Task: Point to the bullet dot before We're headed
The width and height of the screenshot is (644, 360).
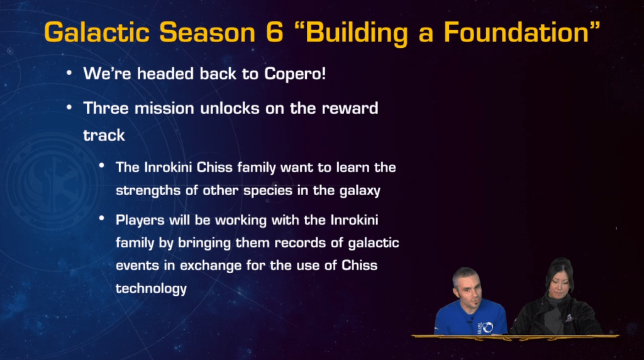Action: pos(70,73)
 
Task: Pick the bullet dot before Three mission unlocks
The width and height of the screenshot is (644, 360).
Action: pos(70,108)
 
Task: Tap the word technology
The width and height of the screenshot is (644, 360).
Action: pos(151,288)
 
